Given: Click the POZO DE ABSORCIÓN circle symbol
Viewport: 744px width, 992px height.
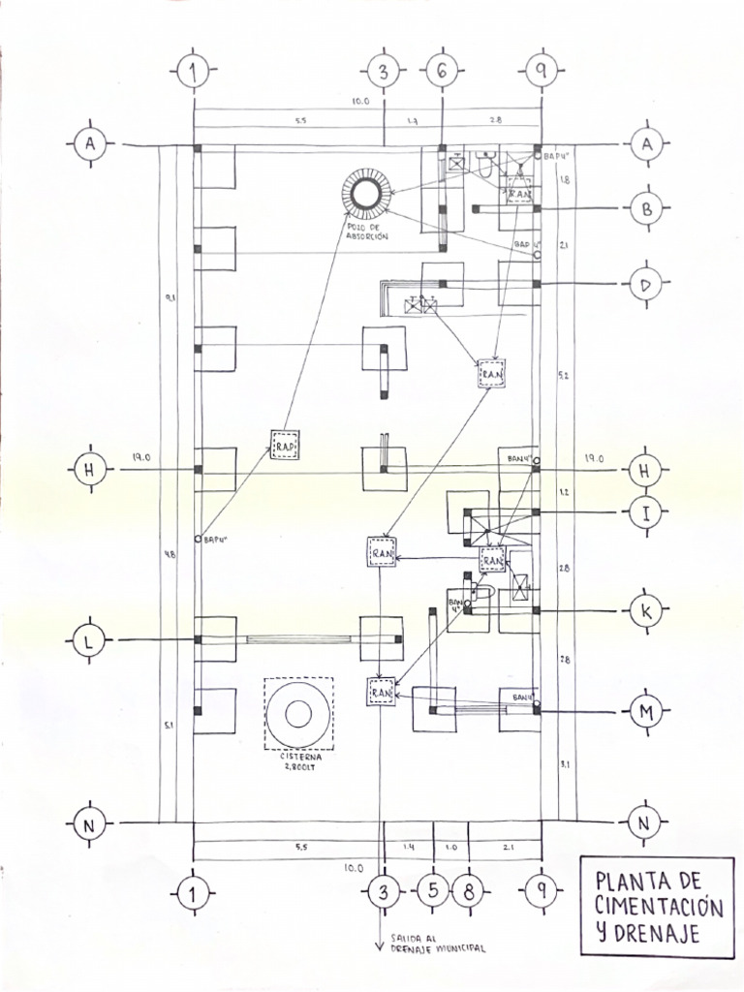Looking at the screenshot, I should pos(364,194).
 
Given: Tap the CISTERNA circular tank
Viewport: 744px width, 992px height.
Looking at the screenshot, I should pos(297,715).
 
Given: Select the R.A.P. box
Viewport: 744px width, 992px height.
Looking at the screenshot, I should pos(285,445).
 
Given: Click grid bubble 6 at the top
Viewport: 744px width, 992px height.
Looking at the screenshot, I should pos(442,71).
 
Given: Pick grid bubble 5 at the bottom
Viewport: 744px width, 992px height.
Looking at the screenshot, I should pos(433,892).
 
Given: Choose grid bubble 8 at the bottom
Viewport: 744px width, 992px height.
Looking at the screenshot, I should pos(469,892).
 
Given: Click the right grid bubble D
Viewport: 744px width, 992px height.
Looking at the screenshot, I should pos(645,285).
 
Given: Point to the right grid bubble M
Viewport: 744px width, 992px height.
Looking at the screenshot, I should pos(645,713).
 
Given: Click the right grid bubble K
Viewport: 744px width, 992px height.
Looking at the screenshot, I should pos(645,611).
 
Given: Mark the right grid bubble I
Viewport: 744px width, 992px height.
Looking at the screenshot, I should pos(645,512).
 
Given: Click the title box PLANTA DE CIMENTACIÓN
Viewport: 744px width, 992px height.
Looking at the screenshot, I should pos(658,907).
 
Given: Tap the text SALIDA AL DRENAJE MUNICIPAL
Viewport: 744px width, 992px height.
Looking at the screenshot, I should pos(435,945).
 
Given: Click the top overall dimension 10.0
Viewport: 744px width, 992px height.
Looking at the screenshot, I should pos(359,101).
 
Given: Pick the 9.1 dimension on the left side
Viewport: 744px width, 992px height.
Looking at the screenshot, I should pos(170,298).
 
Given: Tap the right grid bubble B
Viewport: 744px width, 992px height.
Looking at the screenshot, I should pos(645,208).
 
